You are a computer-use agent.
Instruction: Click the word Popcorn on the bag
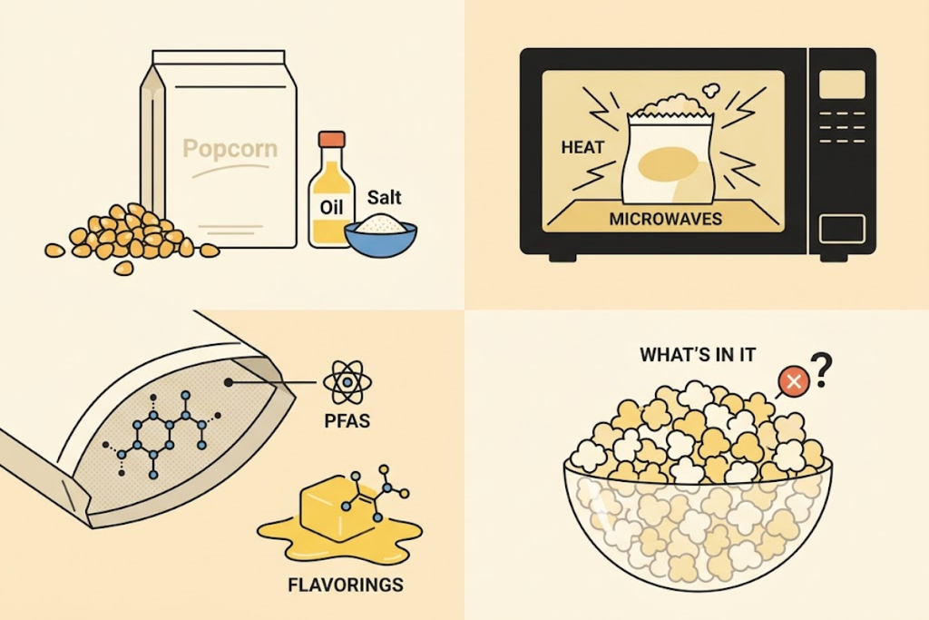230,149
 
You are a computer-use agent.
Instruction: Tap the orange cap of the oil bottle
332,139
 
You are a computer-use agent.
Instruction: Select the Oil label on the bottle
331,208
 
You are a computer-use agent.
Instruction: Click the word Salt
385,197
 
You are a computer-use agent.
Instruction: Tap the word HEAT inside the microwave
583,148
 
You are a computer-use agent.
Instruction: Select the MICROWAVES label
665,220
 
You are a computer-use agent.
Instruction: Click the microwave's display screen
842,84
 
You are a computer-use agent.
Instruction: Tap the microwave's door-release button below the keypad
842,230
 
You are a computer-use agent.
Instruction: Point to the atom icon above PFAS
347,382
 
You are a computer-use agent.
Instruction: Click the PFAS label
347,421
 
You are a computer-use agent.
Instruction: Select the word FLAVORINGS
346,585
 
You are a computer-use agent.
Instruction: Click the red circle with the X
794,381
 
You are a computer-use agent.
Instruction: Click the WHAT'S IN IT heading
698,355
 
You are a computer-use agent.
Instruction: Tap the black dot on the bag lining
229,382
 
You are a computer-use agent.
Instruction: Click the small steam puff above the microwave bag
709,90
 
